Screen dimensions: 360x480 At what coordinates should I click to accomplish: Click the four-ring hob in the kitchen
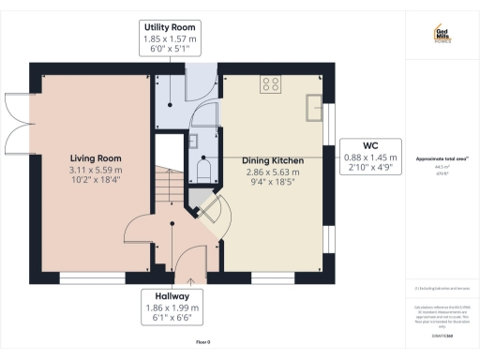click(x=271, y=84)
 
